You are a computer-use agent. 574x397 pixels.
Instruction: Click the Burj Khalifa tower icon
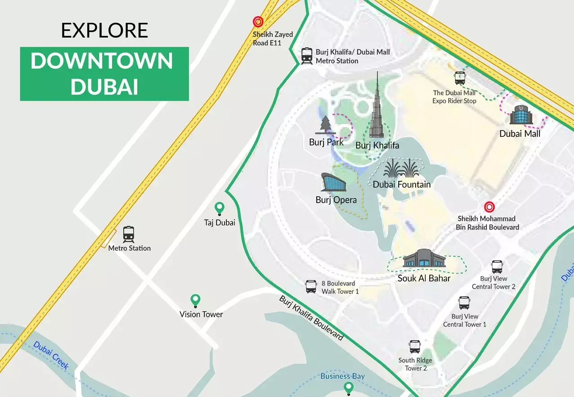377,110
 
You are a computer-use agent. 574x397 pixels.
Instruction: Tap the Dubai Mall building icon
521,116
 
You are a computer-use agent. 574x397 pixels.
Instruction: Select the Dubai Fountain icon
401,169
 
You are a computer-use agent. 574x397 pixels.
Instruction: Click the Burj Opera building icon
333,182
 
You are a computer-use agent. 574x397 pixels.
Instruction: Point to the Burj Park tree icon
325,126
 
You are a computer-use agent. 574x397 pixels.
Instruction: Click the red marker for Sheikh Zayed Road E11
258,22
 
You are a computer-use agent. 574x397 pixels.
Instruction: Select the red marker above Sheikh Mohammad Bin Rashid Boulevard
489,207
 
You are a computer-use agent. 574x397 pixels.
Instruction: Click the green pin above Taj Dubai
219,208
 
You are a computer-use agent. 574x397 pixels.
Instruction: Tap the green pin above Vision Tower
195,300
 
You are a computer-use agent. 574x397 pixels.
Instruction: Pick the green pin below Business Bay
348,388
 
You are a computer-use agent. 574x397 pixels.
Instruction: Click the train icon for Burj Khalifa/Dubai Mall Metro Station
307,56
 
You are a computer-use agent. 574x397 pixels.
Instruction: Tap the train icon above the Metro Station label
129,234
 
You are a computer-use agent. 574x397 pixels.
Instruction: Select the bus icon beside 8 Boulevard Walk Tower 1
311,287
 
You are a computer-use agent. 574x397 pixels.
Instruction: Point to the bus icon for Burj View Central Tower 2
497,267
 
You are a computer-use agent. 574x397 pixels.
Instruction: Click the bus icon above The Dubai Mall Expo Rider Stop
460,79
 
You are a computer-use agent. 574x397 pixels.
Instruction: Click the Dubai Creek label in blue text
51,356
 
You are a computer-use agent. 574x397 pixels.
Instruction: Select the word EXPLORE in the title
104,30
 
